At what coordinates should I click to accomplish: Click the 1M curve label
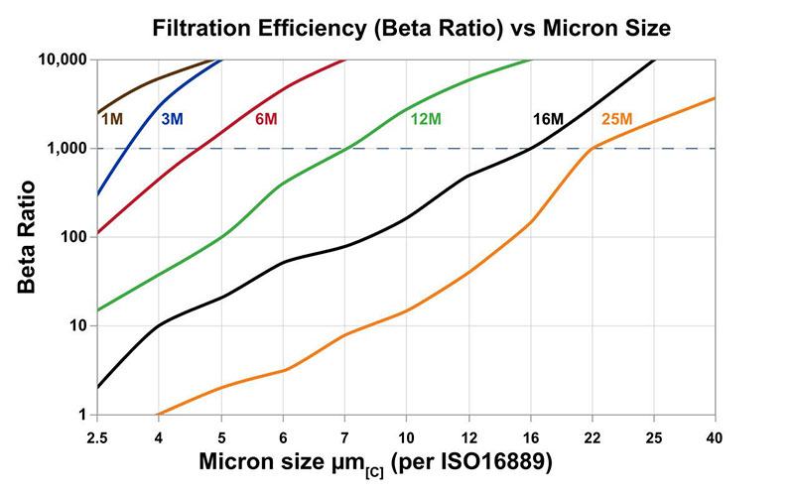(111, 119)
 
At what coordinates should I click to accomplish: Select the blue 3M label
(172, 119)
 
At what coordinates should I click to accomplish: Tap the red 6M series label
(265, 119)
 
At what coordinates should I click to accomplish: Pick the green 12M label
(427, 119)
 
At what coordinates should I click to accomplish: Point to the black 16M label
(549, 119)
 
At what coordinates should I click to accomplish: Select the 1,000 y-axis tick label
(66, 148)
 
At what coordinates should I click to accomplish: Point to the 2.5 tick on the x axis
(97, 437)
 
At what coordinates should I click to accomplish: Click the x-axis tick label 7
(344, 437)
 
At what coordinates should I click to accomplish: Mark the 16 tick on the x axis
(530, 437)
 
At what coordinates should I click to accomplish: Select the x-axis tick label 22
(592, 437)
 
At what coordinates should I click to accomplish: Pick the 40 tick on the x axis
(715, 437)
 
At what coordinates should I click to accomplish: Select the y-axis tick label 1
(83, 415)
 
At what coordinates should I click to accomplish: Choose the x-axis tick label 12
(467, 437)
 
